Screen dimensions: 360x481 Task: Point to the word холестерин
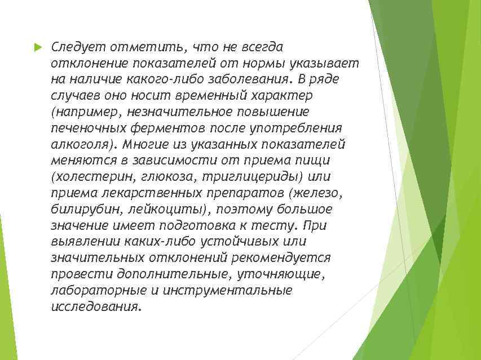pos(92,176)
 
